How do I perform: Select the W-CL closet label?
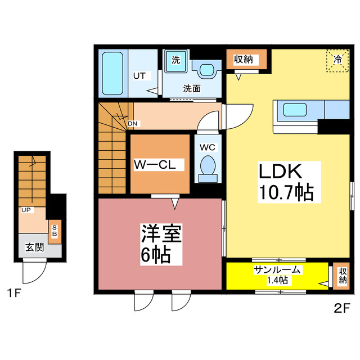(x=159, y=165)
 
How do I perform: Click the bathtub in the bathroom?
(x=114, y=74)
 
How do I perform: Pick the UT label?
(x=139, y=75)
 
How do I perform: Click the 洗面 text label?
(x=191, y=89)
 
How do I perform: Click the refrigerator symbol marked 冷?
(x=337, y=60)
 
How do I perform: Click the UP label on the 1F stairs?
(x=25, y=210)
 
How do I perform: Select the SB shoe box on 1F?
(x=55, y=231)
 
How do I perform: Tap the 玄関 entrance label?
(x=34, y=247)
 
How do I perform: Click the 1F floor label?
(x=15, y=293)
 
